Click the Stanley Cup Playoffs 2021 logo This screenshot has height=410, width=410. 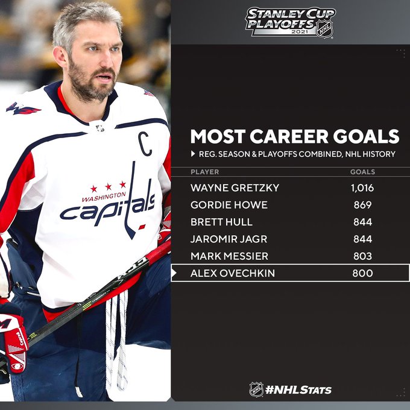[x=290, y=23]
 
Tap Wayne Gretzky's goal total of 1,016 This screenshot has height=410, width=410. [x=362, y=188]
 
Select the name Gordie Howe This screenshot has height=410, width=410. [x=229, y=205]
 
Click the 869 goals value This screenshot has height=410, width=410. [x=362, y=205]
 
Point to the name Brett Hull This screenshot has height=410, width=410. [x=221, y=222]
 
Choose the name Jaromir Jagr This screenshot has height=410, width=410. [x=229, y=239]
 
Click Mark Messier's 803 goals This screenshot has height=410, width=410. [x=362, y=256]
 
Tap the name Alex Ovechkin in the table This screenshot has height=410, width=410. [x=233, y=273]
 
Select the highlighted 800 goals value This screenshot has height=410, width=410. [x=362, y=273]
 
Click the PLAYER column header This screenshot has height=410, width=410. [x=205, y=172]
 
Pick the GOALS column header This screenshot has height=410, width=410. [x=362, y=172]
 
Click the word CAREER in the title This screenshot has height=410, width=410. [x=289, y=136]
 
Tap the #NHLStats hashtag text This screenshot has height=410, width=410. [x=298, y=390]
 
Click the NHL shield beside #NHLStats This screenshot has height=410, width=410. [x=256, y=389]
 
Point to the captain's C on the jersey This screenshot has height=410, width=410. [x=145, y=144]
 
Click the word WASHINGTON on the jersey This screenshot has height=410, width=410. [x=104, y=197]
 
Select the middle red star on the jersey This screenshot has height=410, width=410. [x=109, y=187]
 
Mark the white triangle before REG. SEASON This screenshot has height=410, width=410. [x=193, y=154]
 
